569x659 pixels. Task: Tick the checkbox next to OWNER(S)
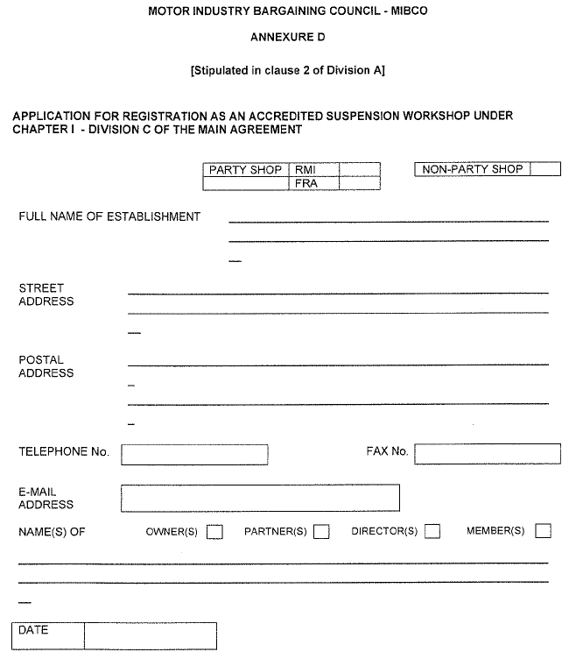pos(214,531)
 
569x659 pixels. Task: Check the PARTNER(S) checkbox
pos(321,531)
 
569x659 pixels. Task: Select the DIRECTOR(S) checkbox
pos(432,531)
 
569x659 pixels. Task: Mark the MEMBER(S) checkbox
pos(544,531)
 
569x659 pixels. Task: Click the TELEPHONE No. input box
pos(194,454)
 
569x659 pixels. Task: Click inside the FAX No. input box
pos(488,453)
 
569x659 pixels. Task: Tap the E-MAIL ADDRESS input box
pos(260,498)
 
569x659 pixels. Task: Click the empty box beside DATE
pos(150,635)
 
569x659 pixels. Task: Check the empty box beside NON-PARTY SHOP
pos(545,169)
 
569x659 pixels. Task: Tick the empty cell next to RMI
pos(359,169)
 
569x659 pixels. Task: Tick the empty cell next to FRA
pos(359,184)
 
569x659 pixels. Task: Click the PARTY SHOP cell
pos(245,169)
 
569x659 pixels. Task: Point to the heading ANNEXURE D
pos(287,38)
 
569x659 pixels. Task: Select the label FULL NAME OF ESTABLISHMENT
pos(109,216)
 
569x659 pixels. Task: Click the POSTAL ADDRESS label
pos(46,366)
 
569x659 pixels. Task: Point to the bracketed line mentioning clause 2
pos(287,71)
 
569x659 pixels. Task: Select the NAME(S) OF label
pos(52,531)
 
